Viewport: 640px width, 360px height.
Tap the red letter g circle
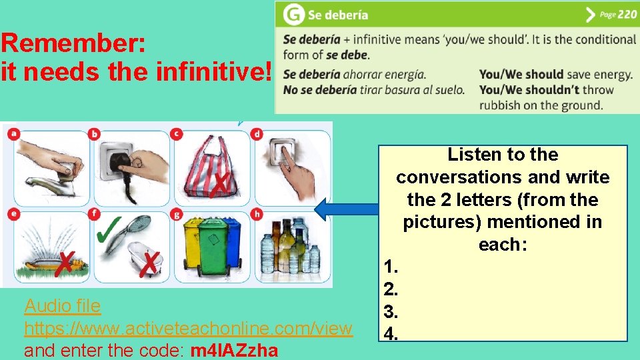click(x=176, y=214)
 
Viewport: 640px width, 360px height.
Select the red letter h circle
click(x=257, y=214)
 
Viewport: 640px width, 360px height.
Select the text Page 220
click(x=618, y=14)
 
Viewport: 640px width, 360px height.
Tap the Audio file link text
click(x=63, y=306)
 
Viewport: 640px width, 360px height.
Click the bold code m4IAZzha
click(x=234, y=350)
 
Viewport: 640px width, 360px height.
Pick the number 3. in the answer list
click(x=391, y=311)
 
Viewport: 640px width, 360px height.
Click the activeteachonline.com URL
click(x=188, y=328)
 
